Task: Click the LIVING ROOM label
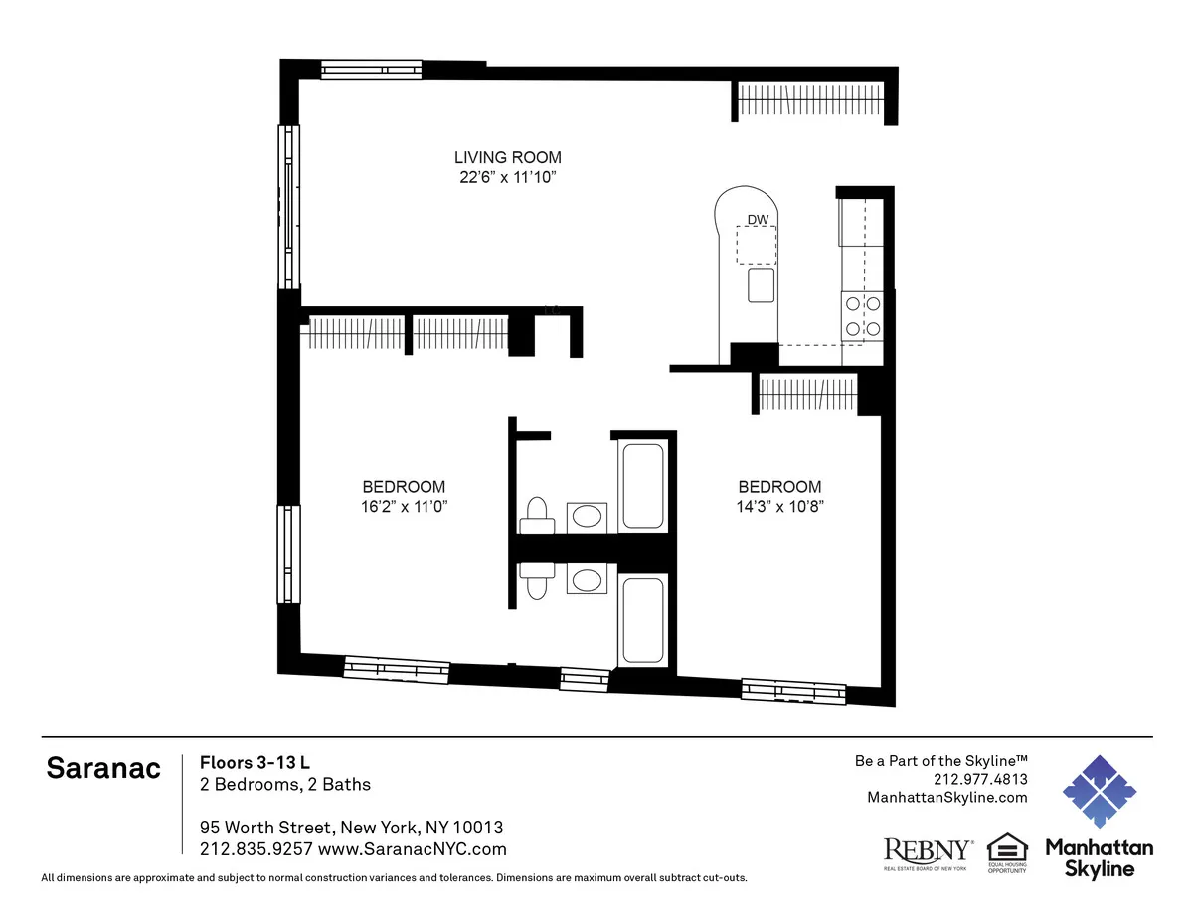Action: coord(507,157)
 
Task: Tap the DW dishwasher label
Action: coord(757,220)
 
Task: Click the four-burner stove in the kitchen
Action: coord(862,317)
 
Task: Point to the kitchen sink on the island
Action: coord(762,284)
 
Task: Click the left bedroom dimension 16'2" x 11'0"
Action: coord(404,506)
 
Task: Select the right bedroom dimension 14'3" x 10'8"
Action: coord(779,506)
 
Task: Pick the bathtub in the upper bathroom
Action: coord(643,485)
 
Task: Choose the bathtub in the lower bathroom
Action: coord(643,621)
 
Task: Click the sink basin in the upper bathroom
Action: coord(588,516)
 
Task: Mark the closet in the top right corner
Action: coord(809,101)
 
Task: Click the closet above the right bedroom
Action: coord(806,393)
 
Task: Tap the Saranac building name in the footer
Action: coord(103,770)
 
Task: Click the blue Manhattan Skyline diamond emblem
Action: coord(1099,790)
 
